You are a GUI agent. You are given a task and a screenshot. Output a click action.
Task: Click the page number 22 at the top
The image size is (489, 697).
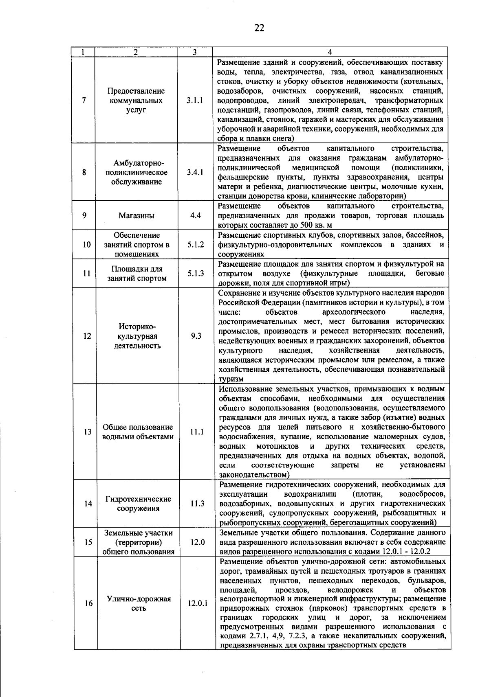pos(259,28)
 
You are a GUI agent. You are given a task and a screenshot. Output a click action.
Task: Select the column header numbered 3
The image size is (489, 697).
pos(195,52)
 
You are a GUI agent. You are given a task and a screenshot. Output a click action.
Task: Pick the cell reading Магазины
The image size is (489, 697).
pos(137,216)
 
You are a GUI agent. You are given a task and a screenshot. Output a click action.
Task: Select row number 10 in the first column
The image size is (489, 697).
pos(86,245)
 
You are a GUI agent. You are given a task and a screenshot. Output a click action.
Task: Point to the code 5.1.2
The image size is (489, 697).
pos(196,245)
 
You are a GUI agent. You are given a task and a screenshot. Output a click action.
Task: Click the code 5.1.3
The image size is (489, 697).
pos(196,274)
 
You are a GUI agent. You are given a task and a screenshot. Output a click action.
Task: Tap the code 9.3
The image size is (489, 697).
pos(196,336)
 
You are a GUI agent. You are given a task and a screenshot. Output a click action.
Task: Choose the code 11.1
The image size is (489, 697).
pos(196,432)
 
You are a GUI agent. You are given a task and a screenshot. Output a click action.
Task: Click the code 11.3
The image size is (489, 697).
pos(197,504)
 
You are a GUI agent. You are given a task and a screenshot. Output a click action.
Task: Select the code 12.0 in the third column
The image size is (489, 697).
pos(197,542)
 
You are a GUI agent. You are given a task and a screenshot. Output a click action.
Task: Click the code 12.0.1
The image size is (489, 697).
pos(198,603)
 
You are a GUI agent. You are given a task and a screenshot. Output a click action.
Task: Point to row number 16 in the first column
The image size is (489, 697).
pos(88,603)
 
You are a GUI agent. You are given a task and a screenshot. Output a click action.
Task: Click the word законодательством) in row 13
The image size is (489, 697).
pos(254,475)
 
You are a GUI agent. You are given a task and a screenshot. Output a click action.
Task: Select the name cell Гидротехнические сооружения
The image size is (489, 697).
pos(138,504)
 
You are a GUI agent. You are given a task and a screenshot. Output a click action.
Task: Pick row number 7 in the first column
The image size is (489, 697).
pos(84,101)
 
